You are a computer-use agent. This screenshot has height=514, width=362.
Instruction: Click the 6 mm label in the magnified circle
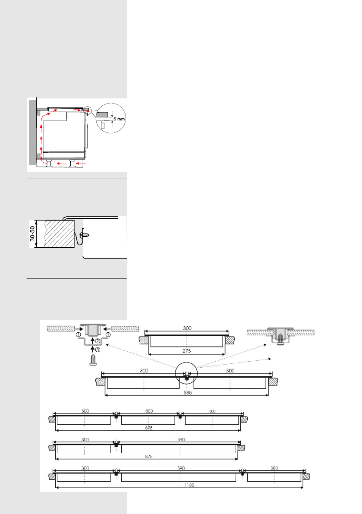119,119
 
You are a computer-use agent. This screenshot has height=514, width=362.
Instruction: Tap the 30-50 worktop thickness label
32,234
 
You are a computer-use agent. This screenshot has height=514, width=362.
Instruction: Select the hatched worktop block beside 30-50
59,234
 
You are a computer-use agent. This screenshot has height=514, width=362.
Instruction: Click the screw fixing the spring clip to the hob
86,235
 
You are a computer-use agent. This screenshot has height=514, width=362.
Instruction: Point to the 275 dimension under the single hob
186,351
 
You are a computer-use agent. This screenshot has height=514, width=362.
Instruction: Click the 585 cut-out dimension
187,392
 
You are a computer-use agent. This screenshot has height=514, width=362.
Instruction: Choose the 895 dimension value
149,428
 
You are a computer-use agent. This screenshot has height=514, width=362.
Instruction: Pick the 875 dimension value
149,456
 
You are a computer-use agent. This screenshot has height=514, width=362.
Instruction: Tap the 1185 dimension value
189,485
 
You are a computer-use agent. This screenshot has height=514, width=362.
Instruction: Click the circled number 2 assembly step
98,341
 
